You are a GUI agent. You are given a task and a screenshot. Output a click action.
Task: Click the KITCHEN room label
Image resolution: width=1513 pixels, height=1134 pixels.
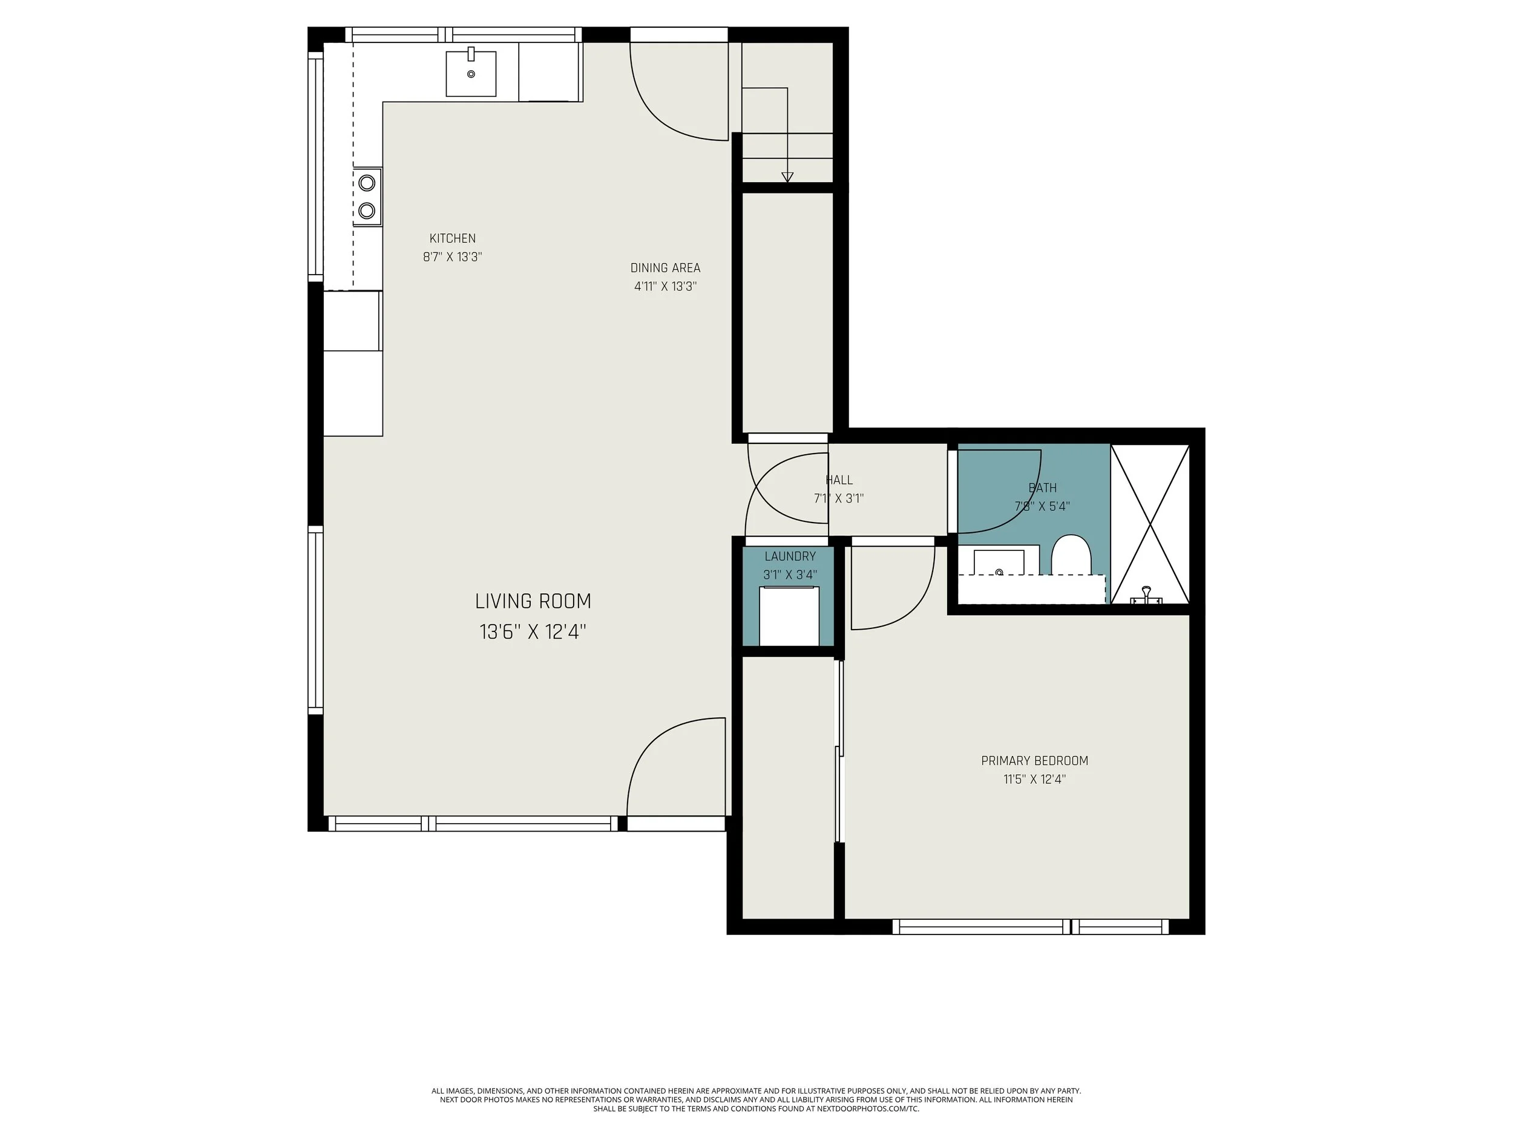click(x=452, y=238)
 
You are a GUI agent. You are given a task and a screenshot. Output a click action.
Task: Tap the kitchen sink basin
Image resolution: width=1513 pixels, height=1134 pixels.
click(x=471, y=73)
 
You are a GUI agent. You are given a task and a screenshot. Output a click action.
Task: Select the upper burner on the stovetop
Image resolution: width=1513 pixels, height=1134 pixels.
click(x=367, y=183)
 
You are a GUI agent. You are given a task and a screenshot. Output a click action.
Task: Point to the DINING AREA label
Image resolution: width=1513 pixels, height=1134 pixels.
click(x=665, y=268)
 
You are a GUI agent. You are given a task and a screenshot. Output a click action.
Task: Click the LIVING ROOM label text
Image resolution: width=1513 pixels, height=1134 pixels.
click(x=533, y=602)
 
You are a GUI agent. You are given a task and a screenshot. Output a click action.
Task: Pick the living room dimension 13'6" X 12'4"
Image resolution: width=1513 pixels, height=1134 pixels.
click(x=533, y=631)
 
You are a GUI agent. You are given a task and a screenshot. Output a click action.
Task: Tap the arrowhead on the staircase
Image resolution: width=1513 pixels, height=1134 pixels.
click(x=787, y=177)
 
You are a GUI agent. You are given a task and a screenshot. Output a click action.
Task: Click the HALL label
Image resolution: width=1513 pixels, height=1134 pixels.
click(x=839, y=480)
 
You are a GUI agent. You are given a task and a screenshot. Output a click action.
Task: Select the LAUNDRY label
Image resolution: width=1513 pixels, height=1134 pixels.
click(x=790, y=556)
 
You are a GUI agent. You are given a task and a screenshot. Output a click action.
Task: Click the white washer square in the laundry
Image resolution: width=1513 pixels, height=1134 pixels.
click(x=789, y=616)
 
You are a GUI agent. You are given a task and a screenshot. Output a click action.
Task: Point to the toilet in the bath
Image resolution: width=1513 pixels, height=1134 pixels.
click(x=1071, y=555)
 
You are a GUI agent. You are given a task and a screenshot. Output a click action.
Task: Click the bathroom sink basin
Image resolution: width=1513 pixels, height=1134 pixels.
click(x=999, y=562)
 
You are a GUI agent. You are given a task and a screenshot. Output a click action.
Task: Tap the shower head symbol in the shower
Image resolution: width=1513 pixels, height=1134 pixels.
click(x=1146, y=596)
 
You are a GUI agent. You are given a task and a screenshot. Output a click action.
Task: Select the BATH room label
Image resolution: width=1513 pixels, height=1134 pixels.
click(x=1042, y=488)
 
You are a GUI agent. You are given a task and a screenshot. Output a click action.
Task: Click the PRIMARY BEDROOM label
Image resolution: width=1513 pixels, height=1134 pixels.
click(x=1034, y=761)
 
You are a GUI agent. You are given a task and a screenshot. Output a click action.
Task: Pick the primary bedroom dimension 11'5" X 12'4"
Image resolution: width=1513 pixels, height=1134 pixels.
click(x=1034, y=779)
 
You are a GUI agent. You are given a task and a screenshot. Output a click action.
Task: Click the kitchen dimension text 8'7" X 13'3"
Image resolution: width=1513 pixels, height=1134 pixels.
click(x=452, y=257)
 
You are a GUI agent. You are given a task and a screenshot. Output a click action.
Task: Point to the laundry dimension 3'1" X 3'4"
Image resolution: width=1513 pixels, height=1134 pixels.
click(x=790, y=575)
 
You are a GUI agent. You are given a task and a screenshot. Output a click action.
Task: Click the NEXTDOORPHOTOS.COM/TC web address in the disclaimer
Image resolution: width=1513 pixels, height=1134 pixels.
click(x=867, y=1109)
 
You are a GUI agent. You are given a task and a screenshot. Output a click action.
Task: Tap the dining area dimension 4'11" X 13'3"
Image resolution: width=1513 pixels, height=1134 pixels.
click(x=665, y=287)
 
